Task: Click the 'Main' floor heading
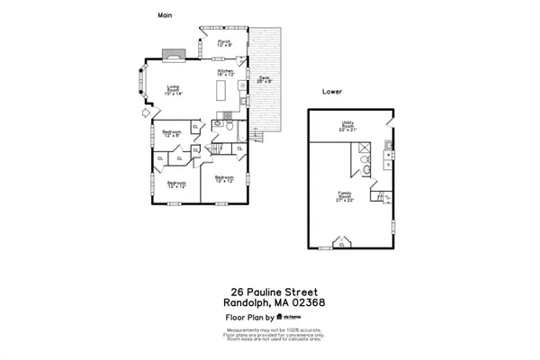[165, 15]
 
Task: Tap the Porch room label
[225, 42]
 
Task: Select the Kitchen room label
[226, 72]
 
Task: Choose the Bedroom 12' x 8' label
[171, 134]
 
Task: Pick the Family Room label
[344, 198]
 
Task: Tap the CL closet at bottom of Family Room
[340, 244]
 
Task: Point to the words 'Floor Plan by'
[249, 318]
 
